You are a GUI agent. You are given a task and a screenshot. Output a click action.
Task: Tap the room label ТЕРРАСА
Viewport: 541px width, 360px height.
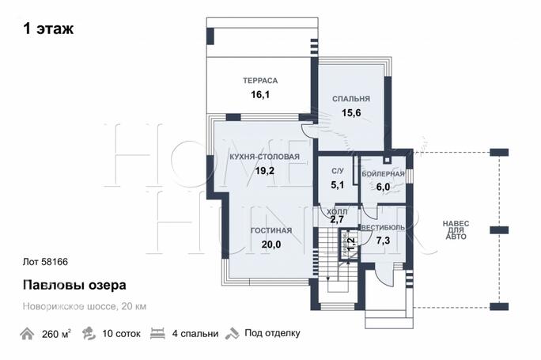tap(259, 81)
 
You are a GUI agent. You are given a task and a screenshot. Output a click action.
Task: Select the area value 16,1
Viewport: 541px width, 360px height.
tap(260, 94)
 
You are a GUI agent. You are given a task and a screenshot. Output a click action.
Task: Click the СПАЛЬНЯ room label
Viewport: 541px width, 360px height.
tap(351, 99)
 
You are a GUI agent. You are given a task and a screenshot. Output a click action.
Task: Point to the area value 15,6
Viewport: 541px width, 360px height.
tap(351, 113)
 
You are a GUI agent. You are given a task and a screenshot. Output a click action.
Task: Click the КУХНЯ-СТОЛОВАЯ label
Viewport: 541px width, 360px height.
tap(264, 157)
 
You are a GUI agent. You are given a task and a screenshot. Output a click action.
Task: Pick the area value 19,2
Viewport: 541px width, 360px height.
tap(264, 170)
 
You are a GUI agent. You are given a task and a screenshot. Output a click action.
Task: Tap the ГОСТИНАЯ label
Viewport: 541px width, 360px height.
tap(271, 230)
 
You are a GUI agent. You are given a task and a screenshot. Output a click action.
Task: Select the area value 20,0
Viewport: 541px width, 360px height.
tap(271, 244)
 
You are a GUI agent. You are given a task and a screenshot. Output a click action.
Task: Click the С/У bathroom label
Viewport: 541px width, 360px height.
tap(337, 172)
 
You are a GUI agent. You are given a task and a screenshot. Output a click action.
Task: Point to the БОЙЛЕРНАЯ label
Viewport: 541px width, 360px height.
tap(383, 173)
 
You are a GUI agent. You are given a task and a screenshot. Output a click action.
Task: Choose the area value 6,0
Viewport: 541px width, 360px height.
tap(383, 187)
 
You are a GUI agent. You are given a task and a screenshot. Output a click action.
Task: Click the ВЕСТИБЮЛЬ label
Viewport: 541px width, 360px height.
tap(383, 227)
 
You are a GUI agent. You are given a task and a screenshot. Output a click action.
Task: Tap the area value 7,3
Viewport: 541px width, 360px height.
tap(383, 240)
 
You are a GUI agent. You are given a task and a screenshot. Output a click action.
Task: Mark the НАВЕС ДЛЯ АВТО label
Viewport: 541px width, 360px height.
tap(455, 229)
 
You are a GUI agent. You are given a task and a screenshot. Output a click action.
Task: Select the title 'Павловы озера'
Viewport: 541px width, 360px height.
tap(73, 284)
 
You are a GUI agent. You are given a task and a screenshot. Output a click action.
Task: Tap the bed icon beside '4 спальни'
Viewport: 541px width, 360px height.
tap(157, 333)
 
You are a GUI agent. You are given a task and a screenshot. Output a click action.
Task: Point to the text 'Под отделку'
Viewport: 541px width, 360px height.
tap(272, 333)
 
